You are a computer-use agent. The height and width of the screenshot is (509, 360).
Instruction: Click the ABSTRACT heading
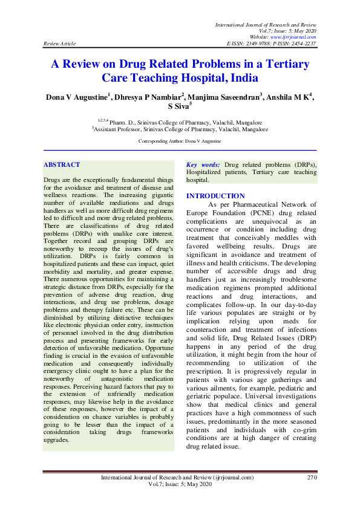(x=62, y=164)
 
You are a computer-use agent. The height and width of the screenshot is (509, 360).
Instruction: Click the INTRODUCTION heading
(x=215, y=196)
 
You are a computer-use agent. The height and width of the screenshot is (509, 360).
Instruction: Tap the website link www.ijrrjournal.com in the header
(x=292, y=37)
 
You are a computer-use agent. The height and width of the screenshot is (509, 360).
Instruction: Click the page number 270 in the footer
(x=312, y=478)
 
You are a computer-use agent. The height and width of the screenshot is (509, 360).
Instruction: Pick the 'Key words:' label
(x=203, y=164)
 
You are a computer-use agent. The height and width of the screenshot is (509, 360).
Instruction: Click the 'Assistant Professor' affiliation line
(x=180, y=129)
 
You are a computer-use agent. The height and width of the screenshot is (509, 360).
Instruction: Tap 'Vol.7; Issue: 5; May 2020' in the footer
(x=180, y=485)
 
